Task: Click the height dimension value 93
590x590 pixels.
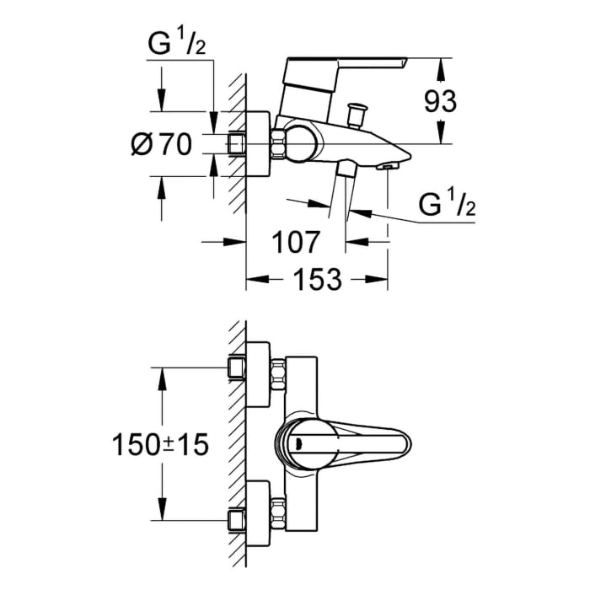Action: [x=439, y=101]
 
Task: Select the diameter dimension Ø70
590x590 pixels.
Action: [x=162, y=145]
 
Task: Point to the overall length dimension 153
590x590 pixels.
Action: [x=318, y=279]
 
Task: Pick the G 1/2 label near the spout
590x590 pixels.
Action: [x=446, y=205]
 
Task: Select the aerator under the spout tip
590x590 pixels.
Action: [x=387, y=165]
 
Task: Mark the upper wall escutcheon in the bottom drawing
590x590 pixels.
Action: [x=257, y=367]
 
